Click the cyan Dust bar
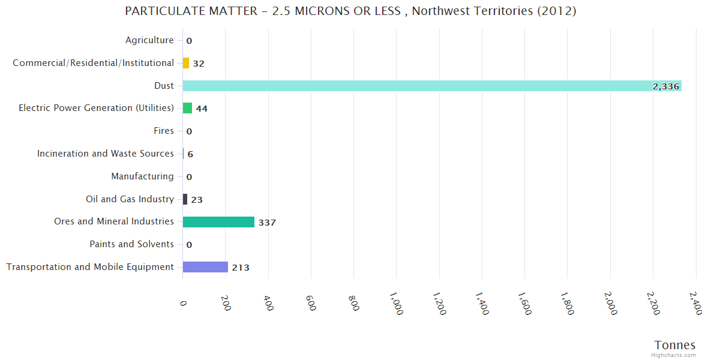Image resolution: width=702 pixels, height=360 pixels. [420, 86]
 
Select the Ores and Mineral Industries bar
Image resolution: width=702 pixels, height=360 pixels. [218, 222]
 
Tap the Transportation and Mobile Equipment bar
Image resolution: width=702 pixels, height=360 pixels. [205, 267]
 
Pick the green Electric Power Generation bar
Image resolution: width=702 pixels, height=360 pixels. [187, 108]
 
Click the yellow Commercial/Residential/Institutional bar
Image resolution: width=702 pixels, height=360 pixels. [186, 63]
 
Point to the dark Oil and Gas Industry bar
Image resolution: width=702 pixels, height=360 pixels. [185, 199]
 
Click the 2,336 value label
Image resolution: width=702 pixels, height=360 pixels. [665, 86]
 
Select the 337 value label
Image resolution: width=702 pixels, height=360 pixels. [267, 223]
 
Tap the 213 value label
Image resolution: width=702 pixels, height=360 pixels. [241, 268]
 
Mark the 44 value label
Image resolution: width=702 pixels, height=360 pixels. [202, 109]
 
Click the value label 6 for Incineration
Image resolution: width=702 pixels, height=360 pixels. [190, 154]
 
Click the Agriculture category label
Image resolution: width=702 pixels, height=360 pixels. [149, 40]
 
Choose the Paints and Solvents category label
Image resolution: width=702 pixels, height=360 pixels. [131, 244]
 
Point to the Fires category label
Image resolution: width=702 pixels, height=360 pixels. [164, 131]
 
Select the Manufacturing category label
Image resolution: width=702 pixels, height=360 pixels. [142, 176]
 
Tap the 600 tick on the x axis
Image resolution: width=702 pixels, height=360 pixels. [311, 302]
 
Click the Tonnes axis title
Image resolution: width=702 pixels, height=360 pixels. [674, 345]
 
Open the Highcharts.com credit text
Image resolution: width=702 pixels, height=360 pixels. [674, 355]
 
